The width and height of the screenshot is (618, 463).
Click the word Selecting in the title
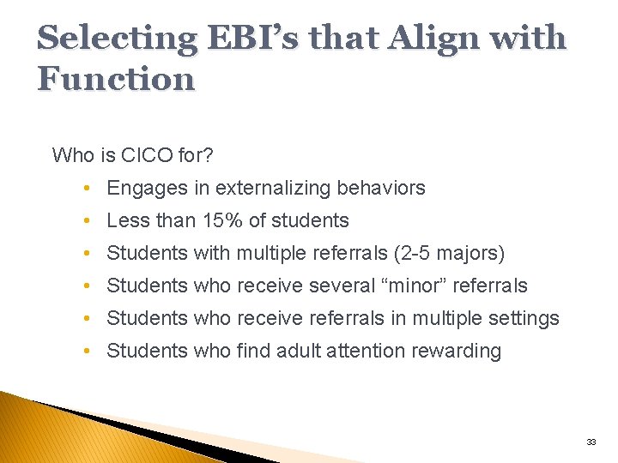(116, 39)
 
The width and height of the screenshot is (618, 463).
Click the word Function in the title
(116, 80)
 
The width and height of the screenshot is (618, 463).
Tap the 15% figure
(222, 220)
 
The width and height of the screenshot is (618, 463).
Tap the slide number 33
(591, 442)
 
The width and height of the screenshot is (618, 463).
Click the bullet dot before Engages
(89, 189)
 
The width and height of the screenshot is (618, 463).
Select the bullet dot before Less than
(89, 221)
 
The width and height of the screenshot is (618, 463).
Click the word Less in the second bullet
(127, 220)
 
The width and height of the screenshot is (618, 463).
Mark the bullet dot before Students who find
(89, 352)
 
